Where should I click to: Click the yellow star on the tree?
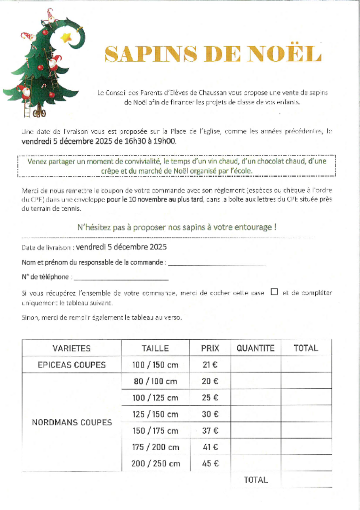pos(66,38)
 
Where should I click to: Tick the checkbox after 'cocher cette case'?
pos(274,292)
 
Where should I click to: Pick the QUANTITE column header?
pos(255,348)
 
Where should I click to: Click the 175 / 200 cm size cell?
pos(155,447)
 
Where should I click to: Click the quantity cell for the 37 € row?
pos(255,431)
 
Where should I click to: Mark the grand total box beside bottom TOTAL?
pos(306,480)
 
